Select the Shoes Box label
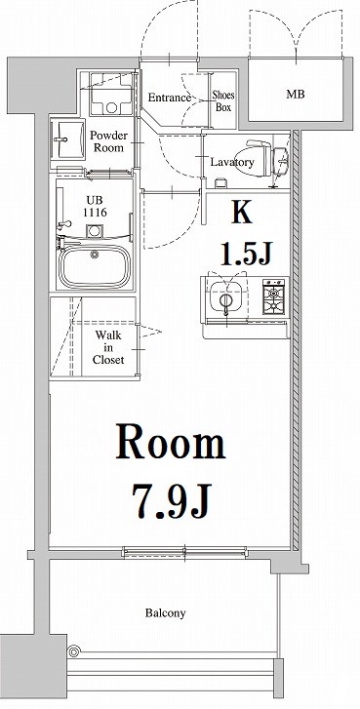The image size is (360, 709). tap(223, 100)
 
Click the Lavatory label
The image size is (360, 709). tap(232, 162)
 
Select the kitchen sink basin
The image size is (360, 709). tap(223, 298)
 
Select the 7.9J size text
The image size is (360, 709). tap(173, 502)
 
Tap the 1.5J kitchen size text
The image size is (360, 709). tap(246, 256)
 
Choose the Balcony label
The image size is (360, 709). tap(166, 613)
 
